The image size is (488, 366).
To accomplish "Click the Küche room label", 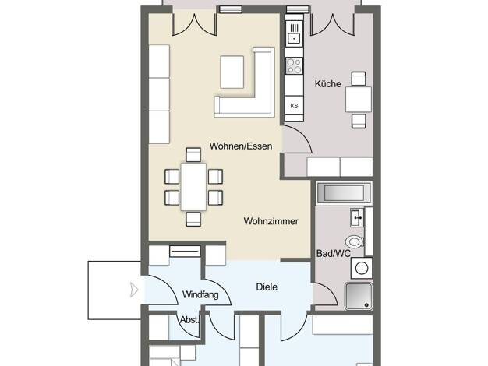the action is click(327, 83).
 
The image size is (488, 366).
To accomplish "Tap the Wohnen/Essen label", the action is click(241, 146).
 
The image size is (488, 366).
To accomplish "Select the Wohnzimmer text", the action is click(271, 221).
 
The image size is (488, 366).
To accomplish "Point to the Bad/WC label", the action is click(334, 253).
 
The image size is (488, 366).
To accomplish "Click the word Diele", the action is click(267, 287).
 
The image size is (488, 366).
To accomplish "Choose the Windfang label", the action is click(200, 294).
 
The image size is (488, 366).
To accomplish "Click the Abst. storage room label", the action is click(189, 320).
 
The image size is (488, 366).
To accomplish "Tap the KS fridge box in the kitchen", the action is click(294, 106).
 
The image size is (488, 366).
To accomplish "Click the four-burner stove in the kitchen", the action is click(294, 65).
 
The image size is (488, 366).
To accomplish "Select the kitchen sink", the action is click(294, 34).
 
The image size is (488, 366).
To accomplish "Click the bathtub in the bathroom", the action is click(344, 193).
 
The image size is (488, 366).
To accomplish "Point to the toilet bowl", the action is click(355, 241).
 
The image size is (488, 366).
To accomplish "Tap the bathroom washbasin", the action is click(357, 217).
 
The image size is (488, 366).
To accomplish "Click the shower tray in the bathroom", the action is click(359, 296).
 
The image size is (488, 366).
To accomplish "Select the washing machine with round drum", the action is click(362, 268).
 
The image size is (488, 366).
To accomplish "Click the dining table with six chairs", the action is click(193, 187).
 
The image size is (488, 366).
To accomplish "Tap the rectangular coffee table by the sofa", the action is click(232, 72).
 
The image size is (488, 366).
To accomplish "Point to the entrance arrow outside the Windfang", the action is click(134, 290).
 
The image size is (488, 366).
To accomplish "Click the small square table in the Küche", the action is click(359, 100).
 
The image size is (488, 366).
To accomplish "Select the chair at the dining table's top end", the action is click(193, 155).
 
